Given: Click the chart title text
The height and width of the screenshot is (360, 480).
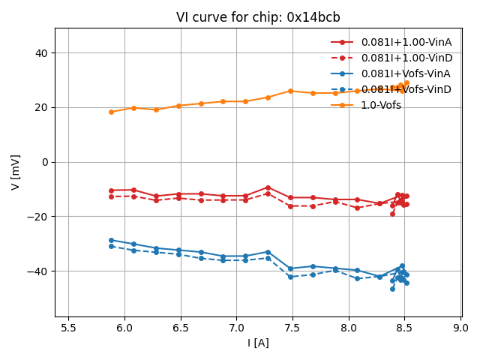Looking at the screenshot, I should pyautogui.click(x=258, y=17).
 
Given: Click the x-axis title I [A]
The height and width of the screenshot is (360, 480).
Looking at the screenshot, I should pyautogui.click(x=258, y=343).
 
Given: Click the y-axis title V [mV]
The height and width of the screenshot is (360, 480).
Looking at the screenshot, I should pyautogui.click(x=16, y=172).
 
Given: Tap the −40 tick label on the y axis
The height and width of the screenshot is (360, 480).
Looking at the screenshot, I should pyautogui.click(x=36, y=271).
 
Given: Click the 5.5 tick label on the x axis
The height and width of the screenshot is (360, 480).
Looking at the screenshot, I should pyautogui.click(x=68, y=328).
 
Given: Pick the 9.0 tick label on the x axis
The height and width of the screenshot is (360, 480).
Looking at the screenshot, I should pyautogui.click(x=460, y=328).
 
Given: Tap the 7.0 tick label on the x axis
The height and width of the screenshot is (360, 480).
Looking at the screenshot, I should pyautogui.click(x=236, y=328).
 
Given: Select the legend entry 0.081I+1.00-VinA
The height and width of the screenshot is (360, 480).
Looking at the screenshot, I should pyautogui.click(x=406, y=42).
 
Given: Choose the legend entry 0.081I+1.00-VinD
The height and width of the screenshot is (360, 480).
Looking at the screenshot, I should pyautogui.click(x=406, y=58).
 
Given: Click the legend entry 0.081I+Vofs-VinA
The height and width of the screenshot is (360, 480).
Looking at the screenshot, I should pyautogui.click(x=406, y=73).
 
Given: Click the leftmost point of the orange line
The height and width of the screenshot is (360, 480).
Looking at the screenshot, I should pyautogui.click(x=111, y=112).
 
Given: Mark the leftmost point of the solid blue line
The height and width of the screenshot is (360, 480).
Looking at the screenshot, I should pyautogui.click(x=111, y=240).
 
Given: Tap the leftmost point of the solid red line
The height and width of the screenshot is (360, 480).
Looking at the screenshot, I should pyautogui.click(x=111, y=190).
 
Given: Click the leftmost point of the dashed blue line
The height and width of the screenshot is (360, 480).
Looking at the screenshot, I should pyautogui.click(x=111, y=246).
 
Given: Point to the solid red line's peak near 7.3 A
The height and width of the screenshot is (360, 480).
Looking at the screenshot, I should pyautogui.click(x=268, y=187).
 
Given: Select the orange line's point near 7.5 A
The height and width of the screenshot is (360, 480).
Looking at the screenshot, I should pyautogui.click(x=290, y=91).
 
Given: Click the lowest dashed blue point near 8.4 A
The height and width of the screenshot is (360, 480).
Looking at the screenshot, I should pyautogui.click(x=392, y=289).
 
